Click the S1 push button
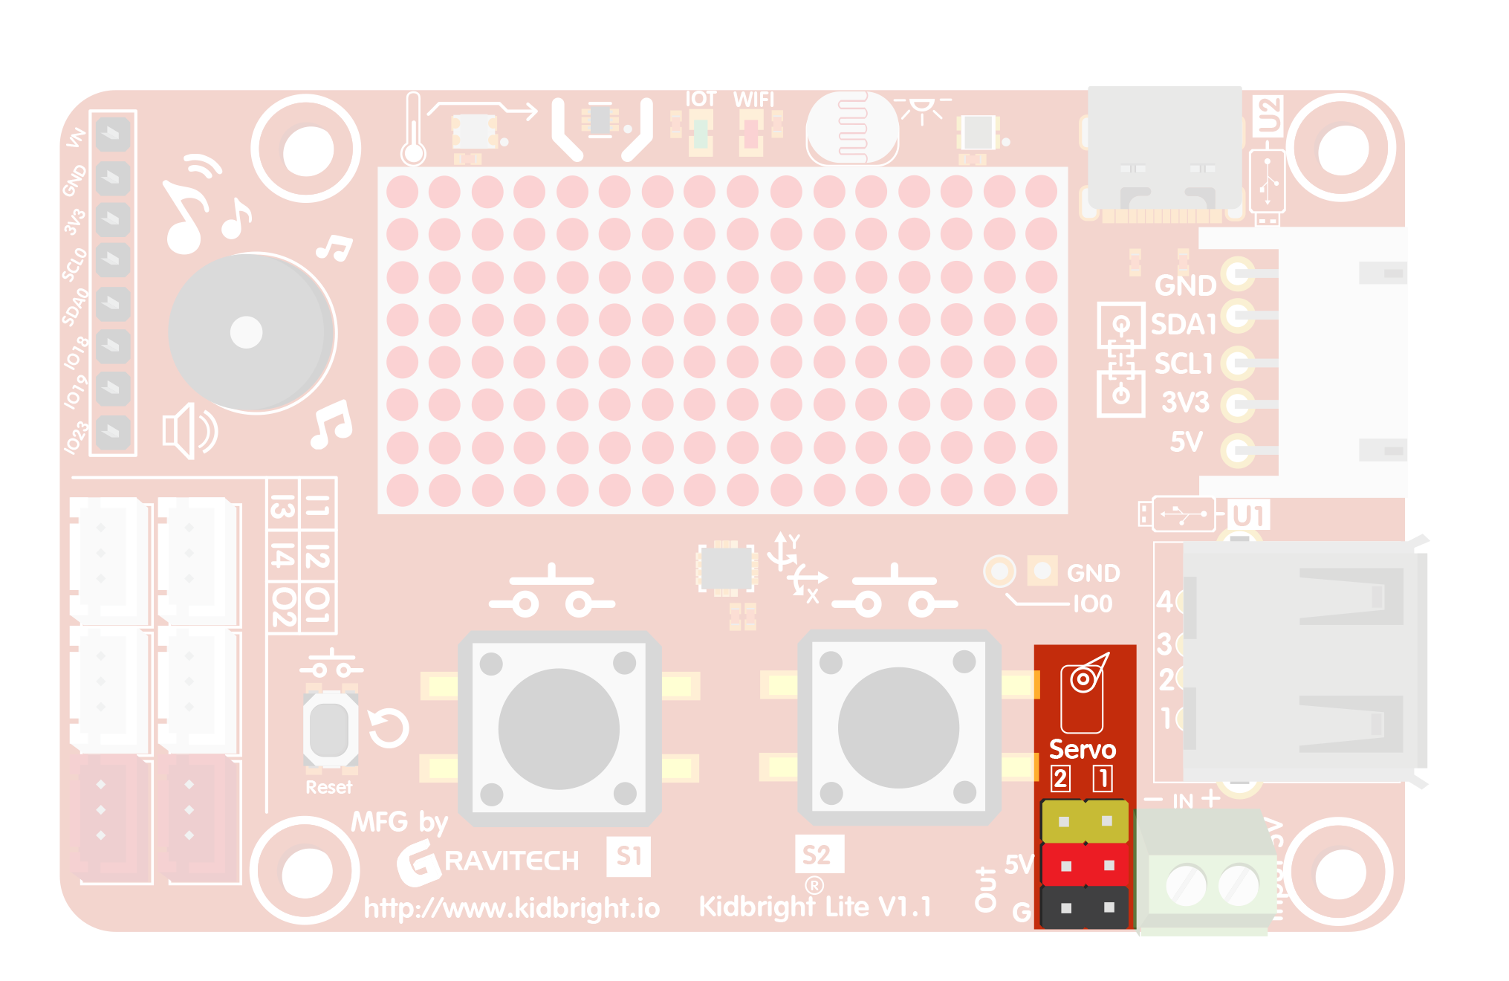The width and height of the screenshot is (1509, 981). [559, 728]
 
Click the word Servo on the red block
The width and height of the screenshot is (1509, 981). [1082, 749]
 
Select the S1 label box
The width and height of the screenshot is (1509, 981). [629, 856]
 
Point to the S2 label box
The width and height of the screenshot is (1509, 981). [817, 855]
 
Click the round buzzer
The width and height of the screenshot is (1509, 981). [250, 332]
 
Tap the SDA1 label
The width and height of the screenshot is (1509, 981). [1183, 325]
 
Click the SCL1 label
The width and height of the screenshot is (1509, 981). [1183, 364]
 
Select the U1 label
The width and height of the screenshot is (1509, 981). [1248, 515]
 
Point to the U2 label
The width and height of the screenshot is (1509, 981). [1268, 116]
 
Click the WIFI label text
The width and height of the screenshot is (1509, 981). [753, 100]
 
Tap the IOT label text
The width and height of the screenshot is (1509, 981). [700, 100]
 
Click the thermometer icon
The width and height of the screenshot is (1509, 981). [414, 130]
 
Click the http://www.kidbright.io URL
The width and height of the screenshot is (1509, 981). [511, 908]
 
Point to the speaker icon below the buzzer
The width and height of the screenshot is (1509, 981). [189, 431]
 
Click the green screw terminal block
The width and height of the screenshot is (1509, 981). [1207, 873]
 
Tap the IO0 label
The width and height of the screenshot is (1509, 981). [1092, 603]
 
